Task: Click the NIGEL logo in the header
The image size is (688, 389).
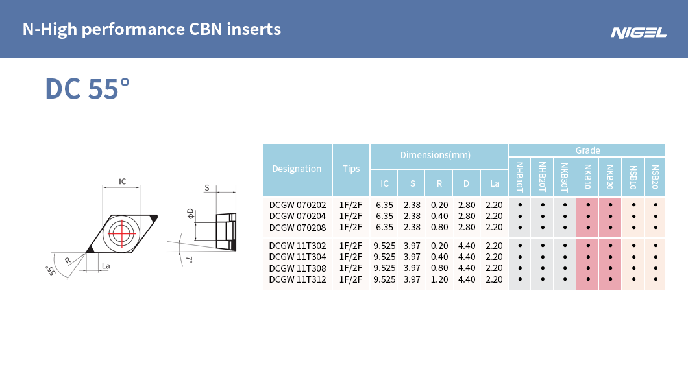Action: [x=638, y=32]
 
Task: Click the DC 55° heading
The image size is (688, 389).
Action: [x=87, y=89]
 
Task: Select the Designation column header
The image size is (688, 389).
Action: [x=297, y=169]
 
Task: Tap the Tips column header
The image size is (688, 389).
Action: [x=351, y=169]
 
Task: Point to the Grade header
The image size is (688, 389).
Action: [x=587, y=150]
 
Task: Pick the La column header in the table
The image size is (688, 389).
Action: [x=495, y=183]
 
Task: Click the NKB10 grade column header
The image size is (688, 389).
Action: [x=587, y=176]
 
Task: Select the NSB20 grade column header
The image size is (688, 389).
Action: [x=655, y=176]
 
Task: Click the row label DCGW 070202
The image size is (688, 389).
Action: [x=298, y=204]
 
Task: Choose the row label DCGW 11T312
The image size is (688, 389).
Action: [x=298, y=279]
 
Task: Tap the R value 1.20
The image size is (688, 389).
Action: [x=439, y=279]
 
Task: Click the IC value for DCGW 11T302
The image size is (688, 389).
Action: [x=385, y=245]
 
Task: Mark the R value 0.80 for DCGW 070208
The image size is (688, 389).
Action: [x=439, y=227]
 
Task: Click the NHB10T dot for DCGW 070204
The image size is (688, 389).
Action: [x=520, y=216]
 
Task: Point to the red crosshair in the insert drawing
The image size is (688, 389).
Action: [x=121, y=231]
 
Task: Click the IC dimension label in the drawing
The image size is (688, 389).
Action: [x=122, y=182]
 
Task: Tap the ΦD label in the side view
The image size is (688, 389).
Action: [x=190, y=213]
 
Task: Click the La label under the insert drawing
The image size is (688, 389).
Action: [x=105, y=266]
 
